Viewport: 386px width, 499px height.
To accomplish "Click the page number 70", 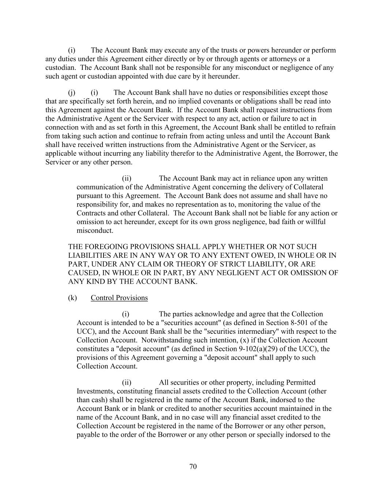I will pos(193,466).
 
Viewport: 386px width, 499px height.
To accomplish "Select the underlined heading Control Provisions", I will pos(119,298).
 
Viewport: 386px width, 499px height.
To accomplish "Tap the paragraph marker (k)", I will pos(72,298).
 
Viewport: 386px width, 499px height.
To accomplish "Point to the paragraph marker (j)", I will pos(72,92).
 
